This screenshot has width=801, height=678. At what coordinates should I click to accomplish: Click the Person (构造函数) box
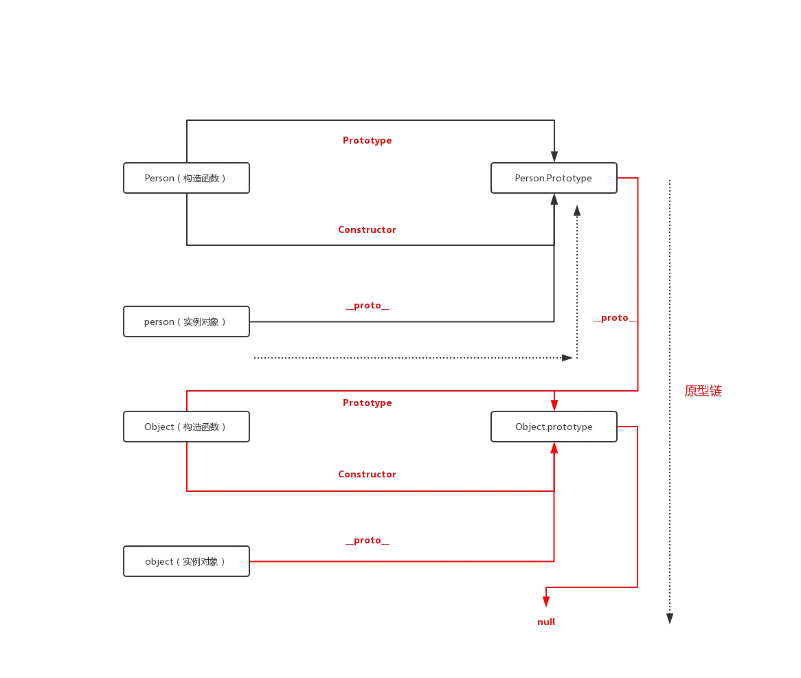point(186,179)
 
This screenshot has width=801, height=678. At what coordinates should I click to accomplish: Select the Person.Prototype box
point(554,179)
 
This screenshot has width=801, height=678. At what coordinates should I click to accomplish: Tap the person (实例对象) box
point(186,321)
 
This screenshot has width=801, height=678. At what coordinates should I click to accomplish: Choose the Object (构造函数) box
point(186,427)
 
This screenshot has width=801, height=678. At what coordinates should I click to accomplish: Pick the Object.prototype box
point(554,427)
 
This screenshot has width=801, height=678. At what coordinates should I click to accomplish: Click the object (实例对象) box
point(186,561)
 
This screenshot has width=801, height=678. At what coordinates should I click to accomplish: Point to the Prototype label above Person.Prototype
point(368,141)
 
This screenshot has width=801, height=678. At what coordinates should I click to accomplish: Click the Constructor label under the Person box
point(367,230)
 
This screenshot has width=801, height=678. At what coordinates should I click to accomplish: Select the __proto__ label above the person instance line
point(366,306)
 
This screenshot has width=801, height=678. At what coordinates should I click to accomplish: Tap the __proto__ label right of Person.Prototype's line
point(613,318)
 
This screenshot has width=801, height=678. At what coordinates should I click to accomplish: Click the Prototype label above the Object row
point(368,403)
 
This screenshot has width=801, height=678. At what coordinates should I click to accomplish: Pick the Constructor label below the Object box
point(367,474)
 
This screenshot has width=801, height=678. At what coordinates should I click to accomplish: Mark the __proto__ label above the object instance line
point(366,541)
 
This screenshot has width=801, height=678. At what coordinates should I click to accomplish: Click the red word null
point(545,621)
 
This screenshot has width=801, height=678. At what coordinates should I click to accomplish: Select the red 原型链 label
point(703,391)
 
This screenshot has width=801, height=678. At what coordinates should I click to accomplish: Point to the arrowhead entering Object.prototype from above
point(554,403)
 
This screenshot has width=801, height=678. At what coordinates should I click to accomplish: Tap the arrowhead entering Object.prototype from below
point(554,450)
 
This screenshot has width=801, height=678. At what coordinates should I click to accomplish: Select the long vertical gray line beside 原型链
point(667,392)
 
